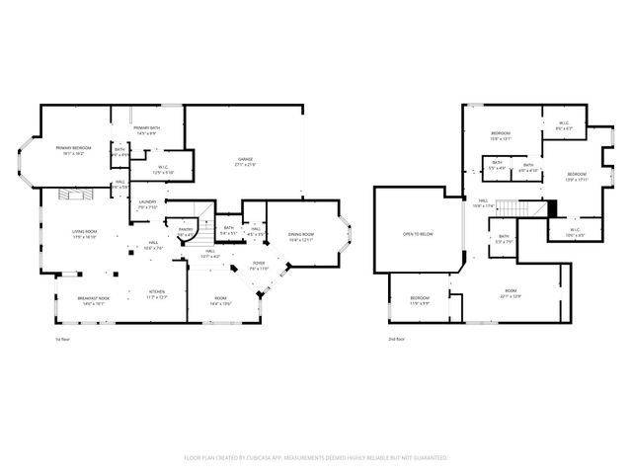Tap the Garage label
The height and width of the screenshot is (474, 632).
[x=244, y=162]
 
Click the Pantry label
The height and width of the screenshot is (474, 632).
[x=185, y=231]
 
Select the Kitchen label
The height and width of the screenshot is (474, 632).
[x=156, y=294]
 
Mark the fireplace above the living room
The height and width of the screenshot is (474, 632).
[x=75, y=195]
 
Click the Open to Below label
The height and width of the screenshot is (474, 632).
[x=417, y=234]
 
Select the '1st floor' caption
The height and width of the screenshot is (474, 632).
[x=62, y=339]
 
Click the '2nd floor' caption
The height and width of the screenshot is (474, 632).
[x=396, y=339]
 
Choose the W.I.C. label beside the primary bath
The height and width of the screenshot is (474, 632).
[x=163, y=170]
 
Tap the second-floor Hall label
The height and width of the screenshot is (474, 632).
[x=482, y=203]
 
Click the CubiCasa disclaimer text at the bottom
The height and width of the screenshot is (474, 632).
[x=316, y=457]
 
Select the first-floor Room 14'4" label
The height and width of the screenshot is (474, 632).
[x=220, y=301]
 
